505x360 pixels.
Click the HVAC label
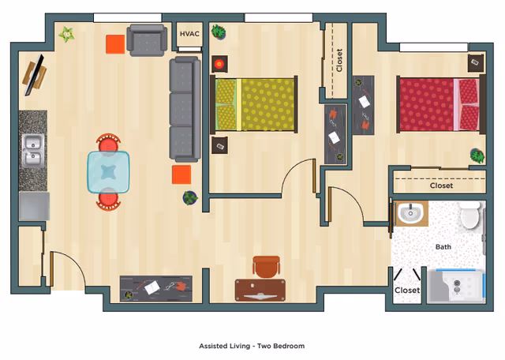click(x=189, y=34)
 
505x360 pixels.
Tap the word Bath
click(x=443, y=247)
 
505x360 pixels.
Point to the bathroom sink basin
click(x=410, y=214)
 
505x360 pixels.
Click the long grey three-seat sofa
click(x=184, y=108)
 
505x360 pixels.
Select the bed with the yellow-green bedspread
click(x=257, y=105)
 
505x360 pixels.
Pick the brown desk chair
click(x=267, y=267)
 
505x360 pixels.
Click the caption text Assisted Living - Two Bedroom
click(x=252, y=346)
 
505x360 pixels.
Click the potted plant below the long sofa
click(x=190, y=197)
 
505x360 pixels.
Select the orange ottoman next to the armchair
click(x=115, y=44)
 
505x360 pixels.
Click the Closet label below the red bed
click(x=441, y=186)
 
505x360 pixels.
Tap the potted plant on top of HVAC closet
click(x=218, y=33)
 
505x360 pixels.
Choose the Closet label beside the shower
click(x=407, y=291)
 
